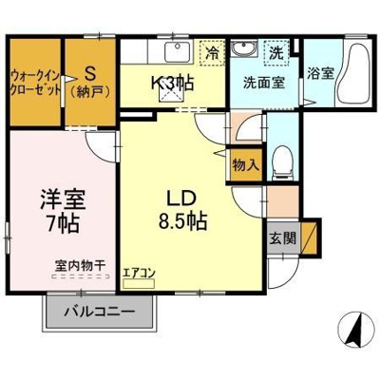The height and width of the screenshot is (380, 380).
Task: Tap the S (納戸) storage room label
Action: pos(90,82)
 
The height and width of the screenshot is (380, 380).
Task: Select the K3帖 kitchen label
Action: pos(172,83)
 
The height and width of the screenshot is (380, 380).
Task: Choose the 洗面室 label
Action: pos(258,83)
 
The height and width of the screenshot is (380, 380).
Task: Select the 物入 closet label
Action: pos(245,165)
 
